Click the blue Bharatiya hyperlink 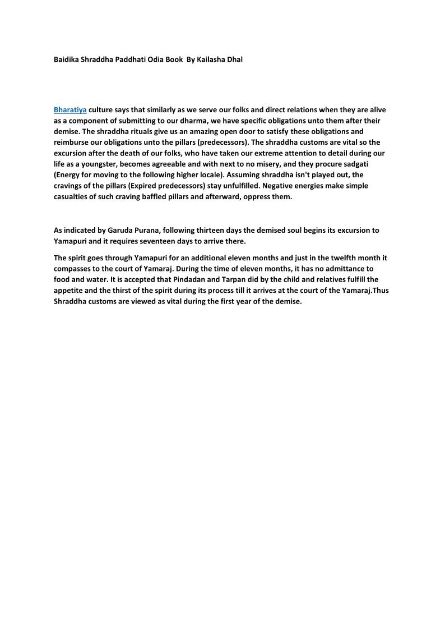(x=70, y=110)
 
